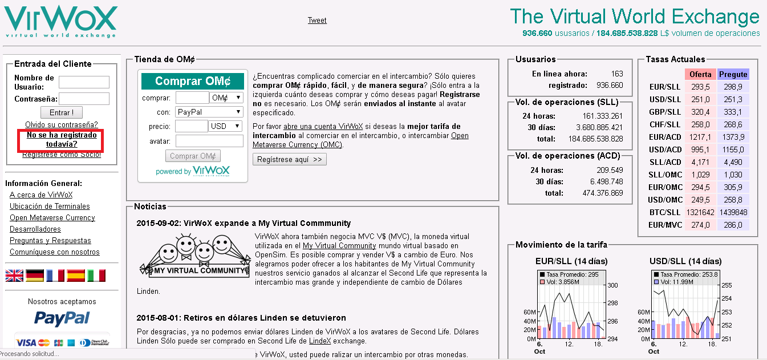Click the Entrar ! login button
coord(62,112)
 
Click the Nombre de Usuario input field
coord(84,82)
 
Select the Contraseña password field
coord(84,99)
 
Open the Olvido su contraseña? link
coord(62,124)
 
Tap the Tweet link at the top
coord(317,20)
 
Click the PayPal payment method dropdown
coord(209,112)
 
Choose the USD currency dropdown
coord(226,126)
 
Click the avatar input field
coord(209,141)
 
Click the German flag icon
coord(35,276)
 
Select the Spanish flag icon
coord(76,276)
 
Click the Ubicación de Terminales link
coord(50,206)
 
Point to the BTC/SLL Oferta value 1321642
coord(700,212)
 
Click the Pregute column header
coord(733,74)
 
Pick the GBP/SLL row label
coord(665,112)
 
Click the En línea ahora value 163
coord(617,74)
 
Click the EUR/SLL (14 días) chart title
coord(571,261)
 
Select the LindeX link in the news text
coord(320,341)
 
